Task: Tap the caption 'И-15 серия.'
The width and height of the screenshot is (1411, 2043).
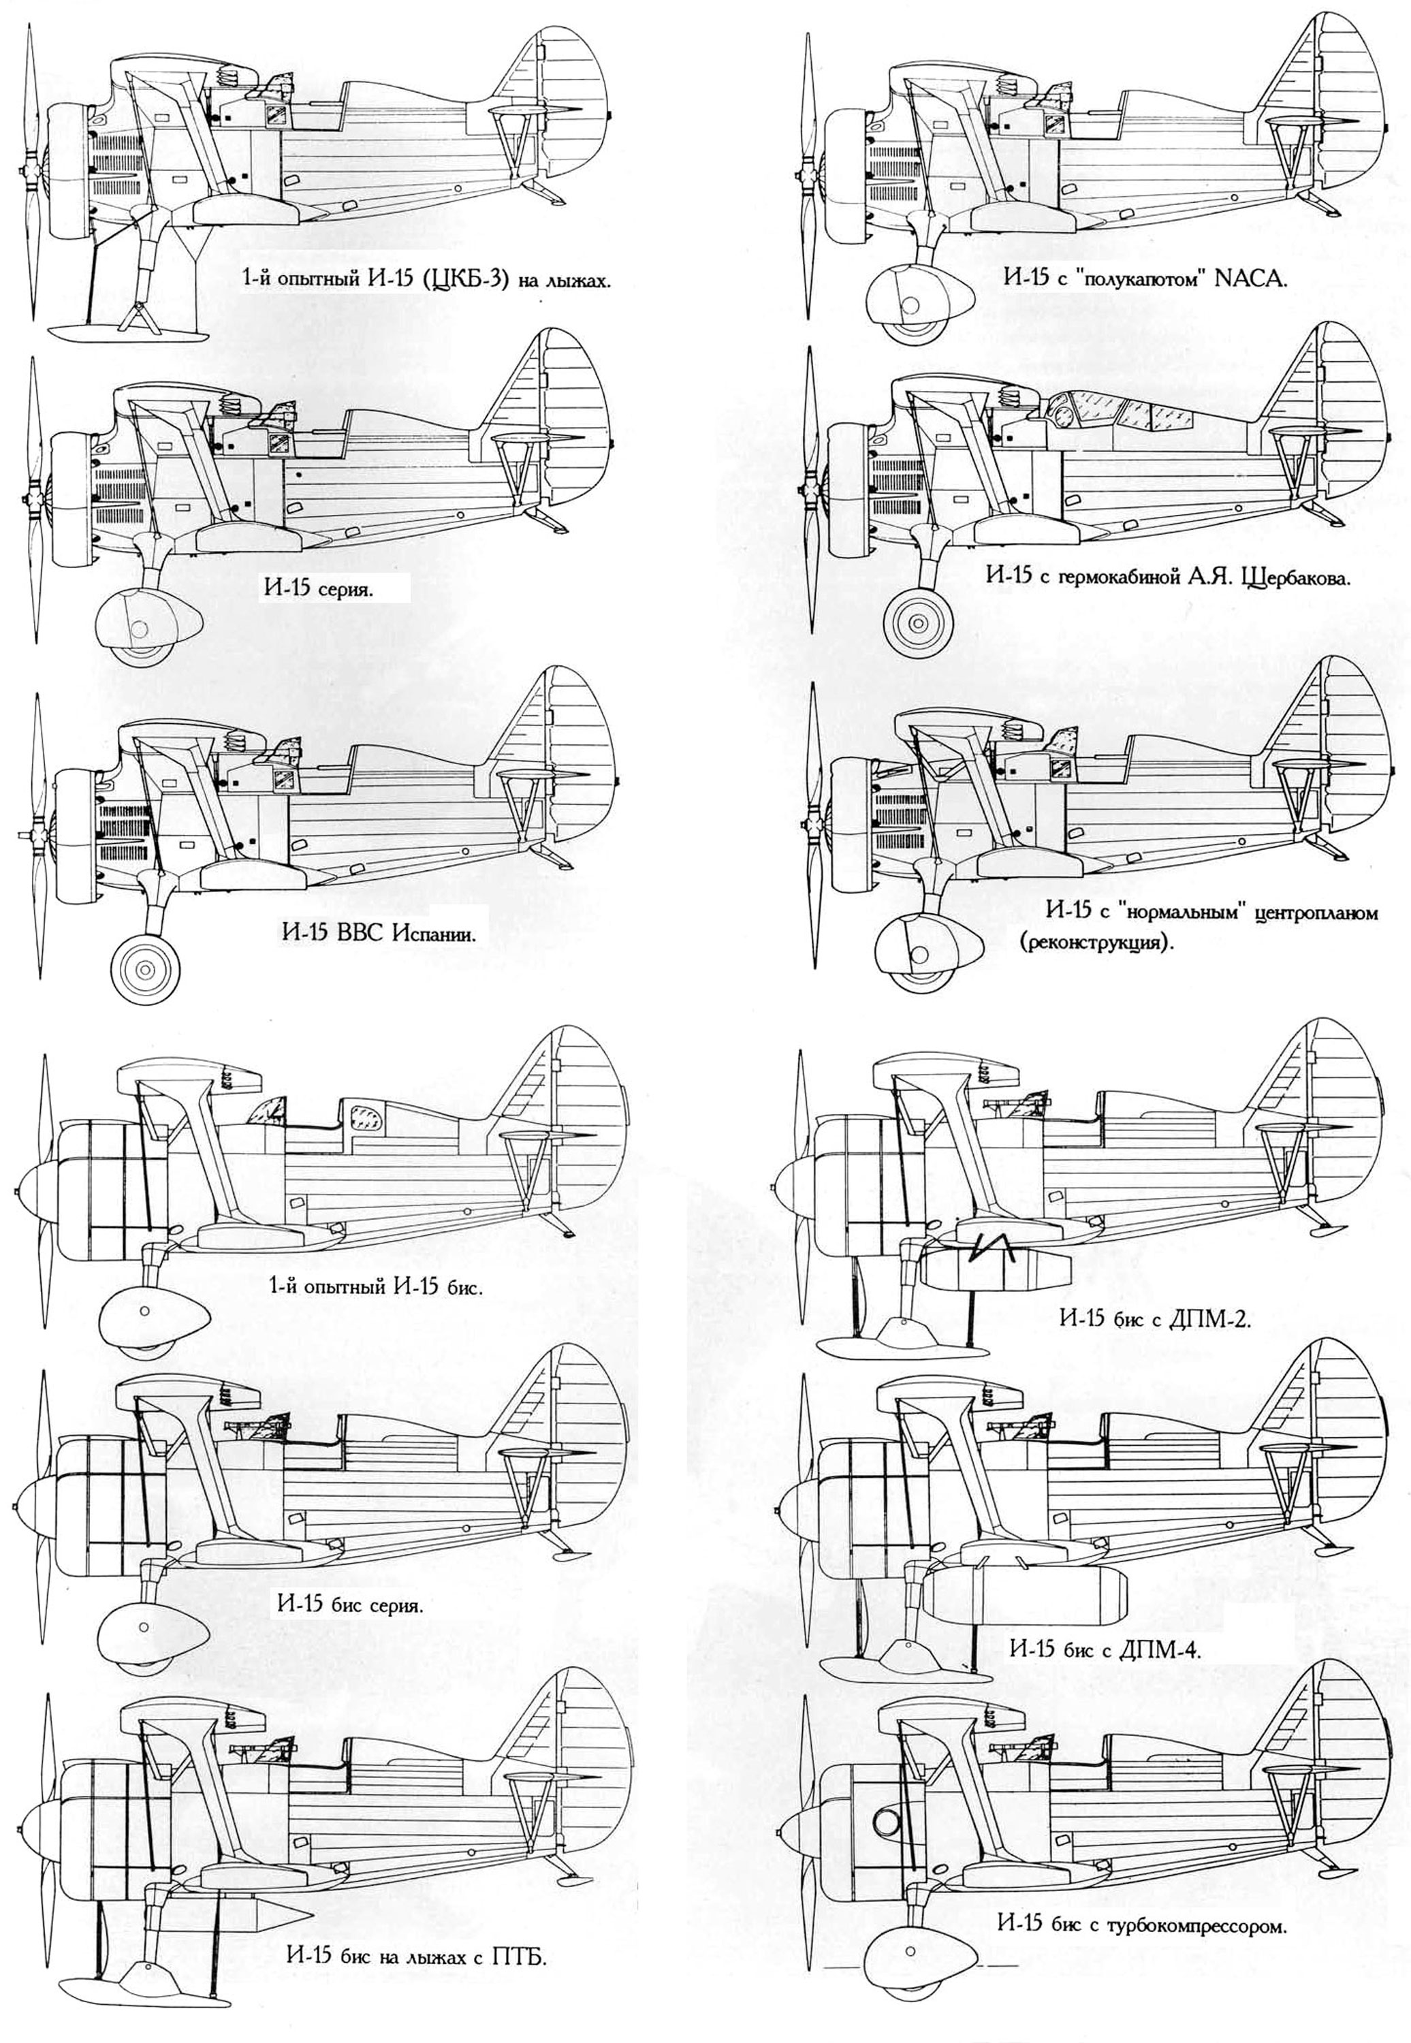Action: tap(317, 589)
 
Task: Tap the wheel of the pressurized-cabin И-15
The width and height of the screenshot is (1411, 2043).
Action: tap(919, 624)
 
